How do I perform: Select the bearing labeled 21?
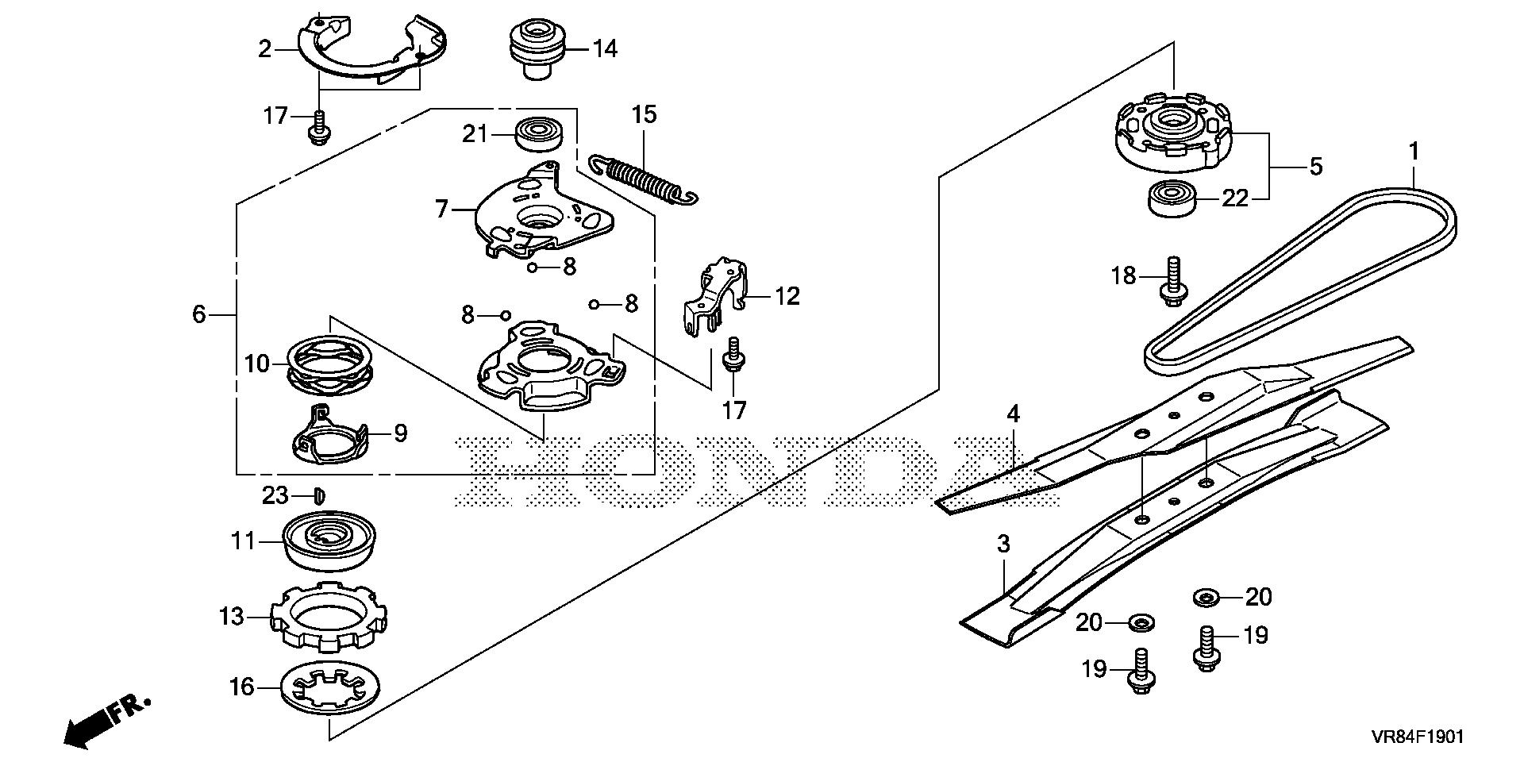tap(540, 133)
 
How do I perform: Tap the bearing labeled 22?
tap(1172, 198)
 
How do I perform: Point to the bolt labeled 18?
tap(1173, 282)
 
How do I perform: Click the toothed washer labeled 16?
tap(330, 687)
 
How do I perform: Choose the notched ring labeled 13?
tap(329, 617)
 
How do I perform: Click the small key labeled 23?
tap(319, 496)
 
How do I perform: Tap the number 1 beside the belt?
tap(1413, 150)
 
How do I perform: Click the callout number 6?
tap(198, 314)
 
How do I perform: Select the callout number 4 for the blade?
tap(1013, 414)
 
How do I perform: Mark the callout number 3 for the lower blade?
tap(1003, 544)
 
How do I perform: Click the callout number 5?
tap(1315, 167)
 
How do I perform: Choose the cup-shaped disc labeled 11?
tap(327, 540)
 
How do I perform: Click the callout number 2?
tap(264, 49)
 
